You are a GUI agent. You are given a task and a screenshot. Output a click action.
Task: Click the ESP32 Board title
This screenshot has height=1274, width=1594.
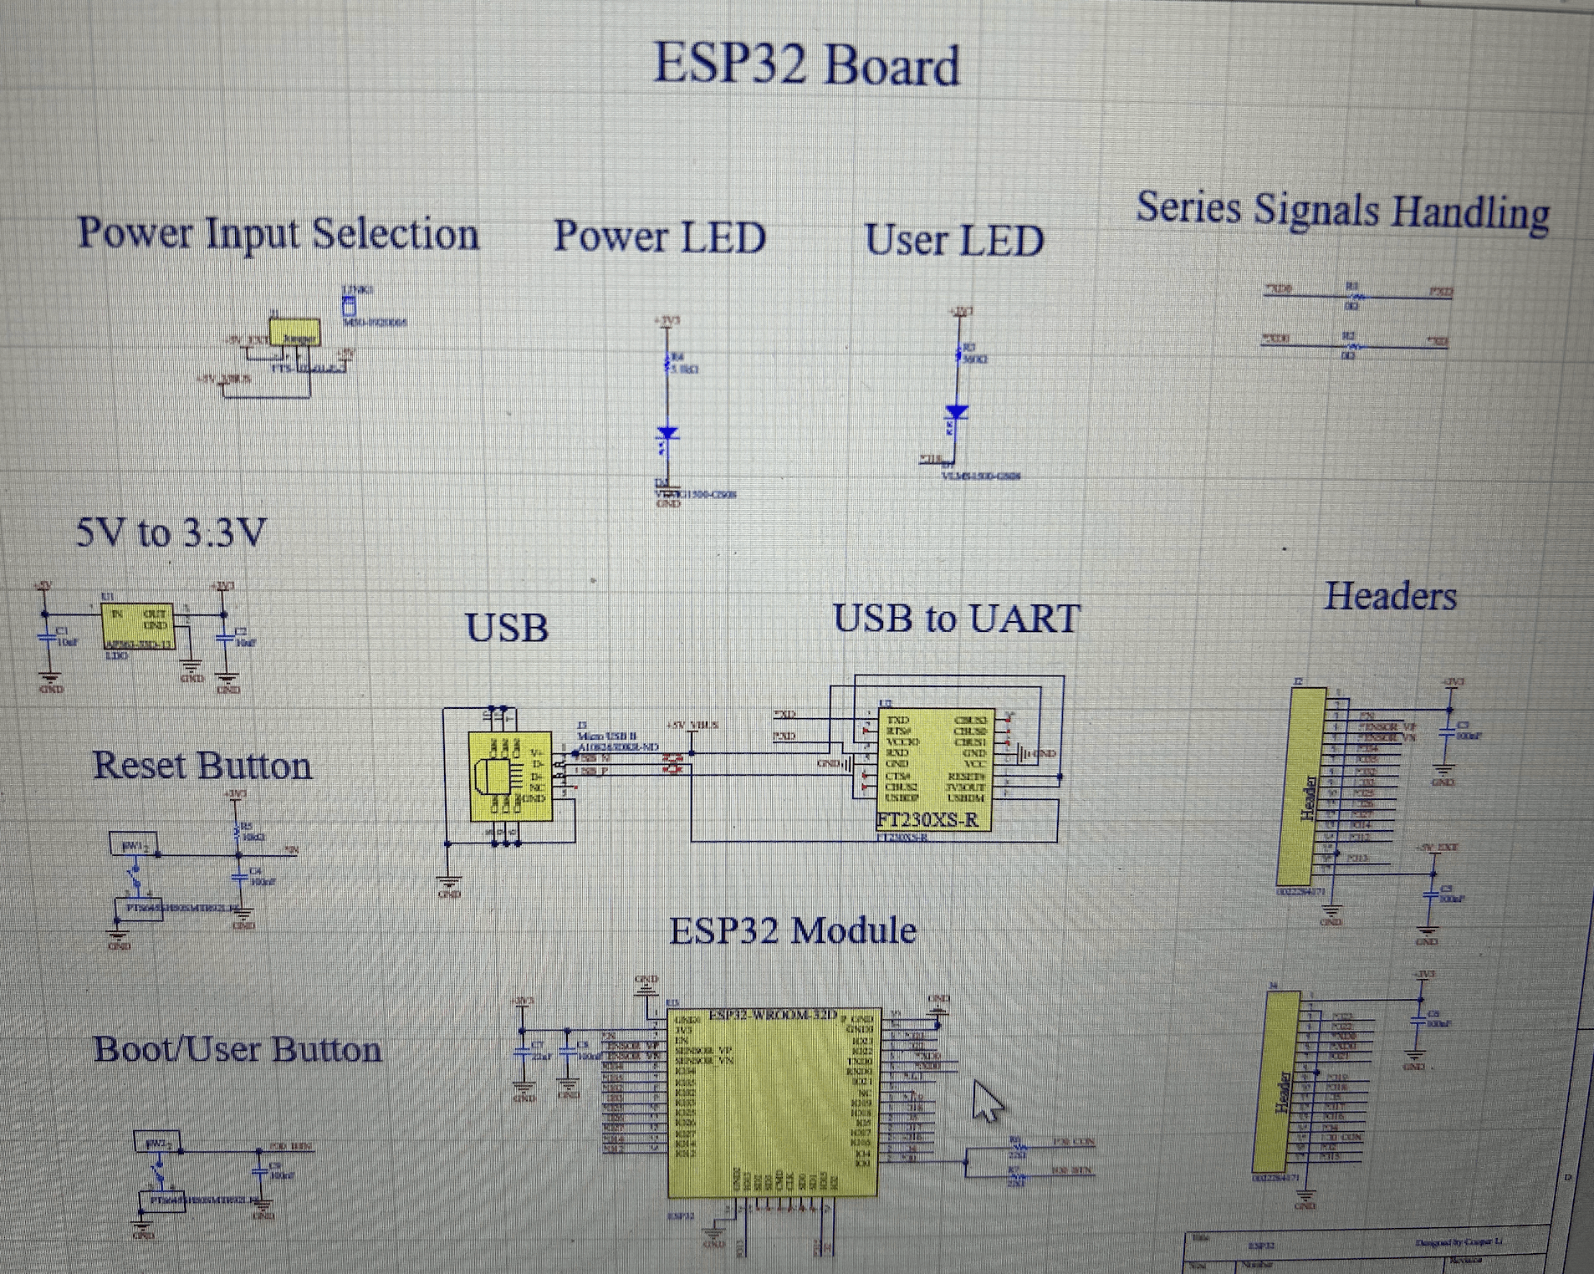805,64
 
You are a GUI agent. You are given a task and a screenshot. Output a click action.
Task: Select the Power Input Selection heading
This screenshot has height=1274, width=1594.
278,233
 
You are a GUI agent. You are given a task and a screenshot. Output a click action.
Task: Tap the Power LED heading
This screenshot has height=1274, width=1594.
659,237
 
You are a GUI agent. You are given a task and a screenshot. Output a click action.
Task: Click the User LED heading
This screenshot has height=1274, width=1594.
953,241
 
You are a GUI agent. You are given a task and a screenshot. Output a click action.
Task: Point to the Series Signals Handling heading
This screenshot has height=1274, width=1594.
1341,210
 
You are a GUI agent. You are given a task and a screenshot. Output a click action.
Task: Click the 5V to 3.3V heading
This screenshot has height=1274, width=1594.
171,533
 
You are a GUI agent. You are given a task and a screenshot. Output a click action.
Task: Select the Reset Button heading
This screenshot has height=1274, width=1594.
202,766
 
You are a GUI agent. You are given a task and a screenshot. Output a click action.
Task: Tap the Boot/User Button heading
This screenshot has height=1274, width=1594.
237,1050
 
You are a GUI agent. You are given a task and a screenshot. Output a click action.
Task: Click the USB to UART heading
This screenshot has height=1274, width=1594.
956,619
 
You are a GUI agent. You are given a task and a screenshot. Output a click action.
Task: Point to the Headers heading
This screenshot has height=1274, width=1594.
1390,597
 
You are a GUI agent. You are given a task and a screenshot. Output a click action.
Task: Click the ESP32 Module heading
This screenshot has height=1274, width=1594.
792,930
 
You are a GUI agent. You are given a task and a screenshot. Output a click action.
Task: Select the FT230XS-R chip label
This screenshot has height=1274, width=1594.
927,820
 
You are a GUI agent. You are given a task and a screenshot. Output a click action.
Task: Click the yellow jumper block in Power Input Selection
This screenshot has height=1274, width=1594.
294,334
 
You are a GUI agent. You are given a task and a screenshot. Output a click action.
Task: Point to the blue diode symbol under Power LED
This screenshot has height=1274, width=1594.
667,434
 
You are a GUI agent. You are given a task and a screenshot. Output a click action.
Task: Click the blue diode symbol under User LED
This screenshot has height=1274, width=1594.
957,412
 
